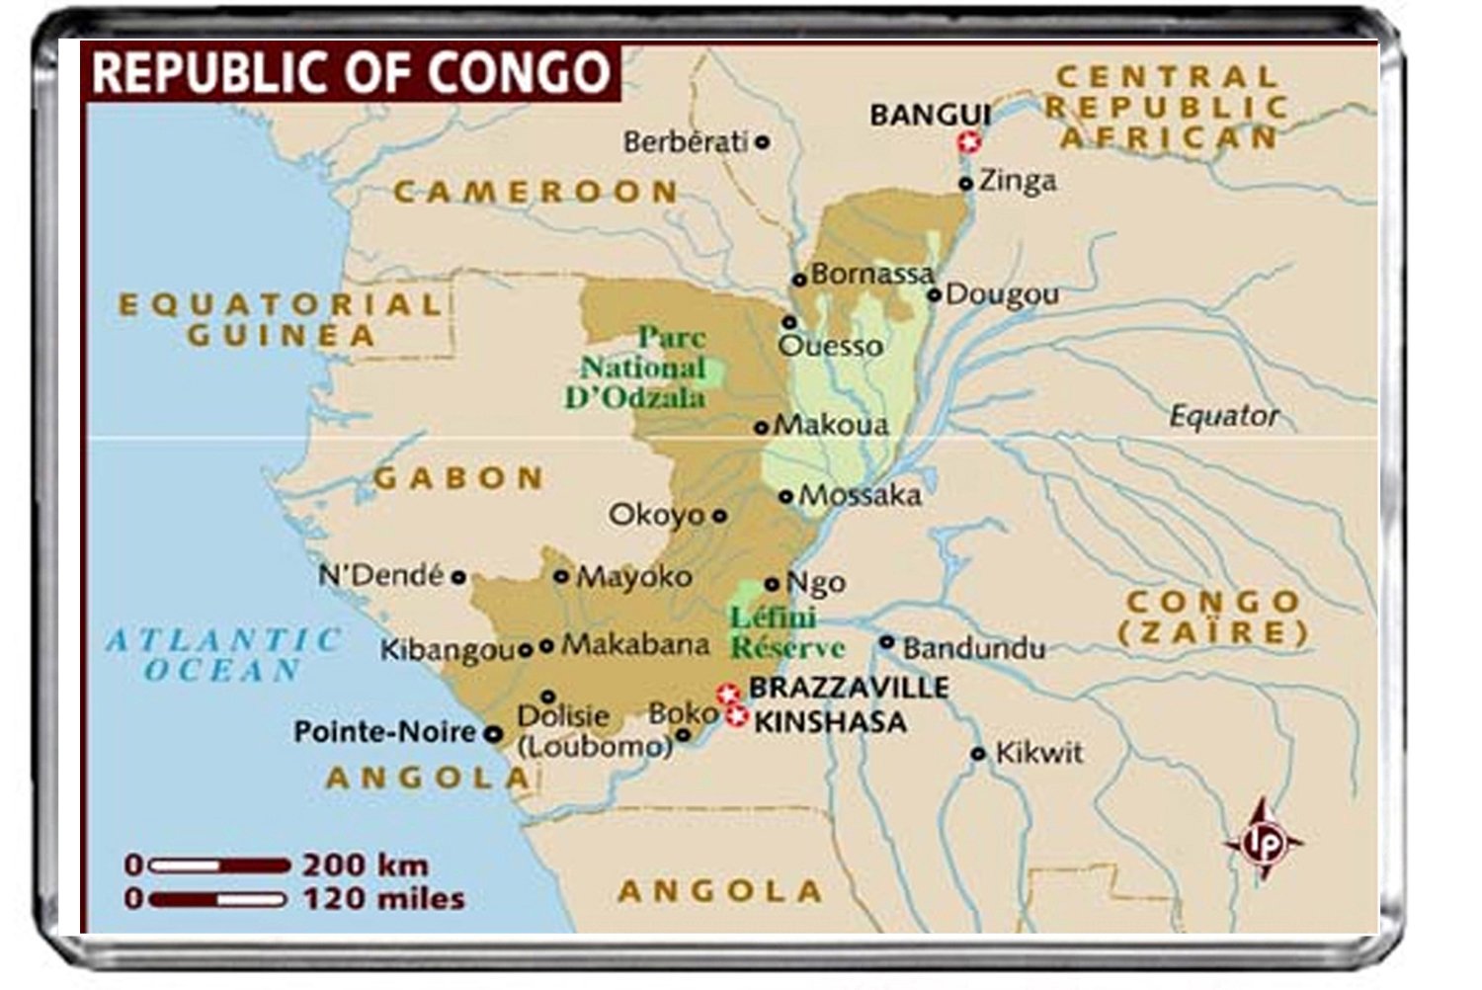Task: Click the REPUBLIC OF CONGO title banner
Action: pos(351,72)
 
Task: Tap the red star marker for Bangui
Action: pos(969,142)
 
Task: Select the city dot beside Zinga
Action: pos(966,184)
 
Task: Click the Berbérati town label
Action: pos(685,142)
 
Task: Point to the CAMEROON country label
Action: pos(535,192)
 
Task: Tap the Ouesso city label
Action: pos(830,346)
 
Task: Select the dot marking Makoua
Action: pos(761,428)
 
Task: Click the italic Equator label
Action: pos(1223,416)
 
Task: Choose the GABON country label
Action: pos(458,479)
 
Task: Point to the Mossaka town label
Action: pos(860,495)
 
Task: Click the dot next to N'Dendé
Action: pos(458,577)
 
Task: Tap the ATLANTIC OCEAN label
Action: pos(223,654)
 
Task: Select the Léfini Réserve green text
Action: pos(785,632)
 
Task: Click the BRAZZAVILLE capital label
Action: pos(848,688)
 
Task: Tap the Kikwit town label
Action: pos(1037,753)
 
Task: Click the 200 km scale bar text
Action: pos(365,866)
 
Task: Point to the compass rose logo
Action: pos(1261,841)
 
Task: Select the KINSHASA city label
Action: pos(830,722)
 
